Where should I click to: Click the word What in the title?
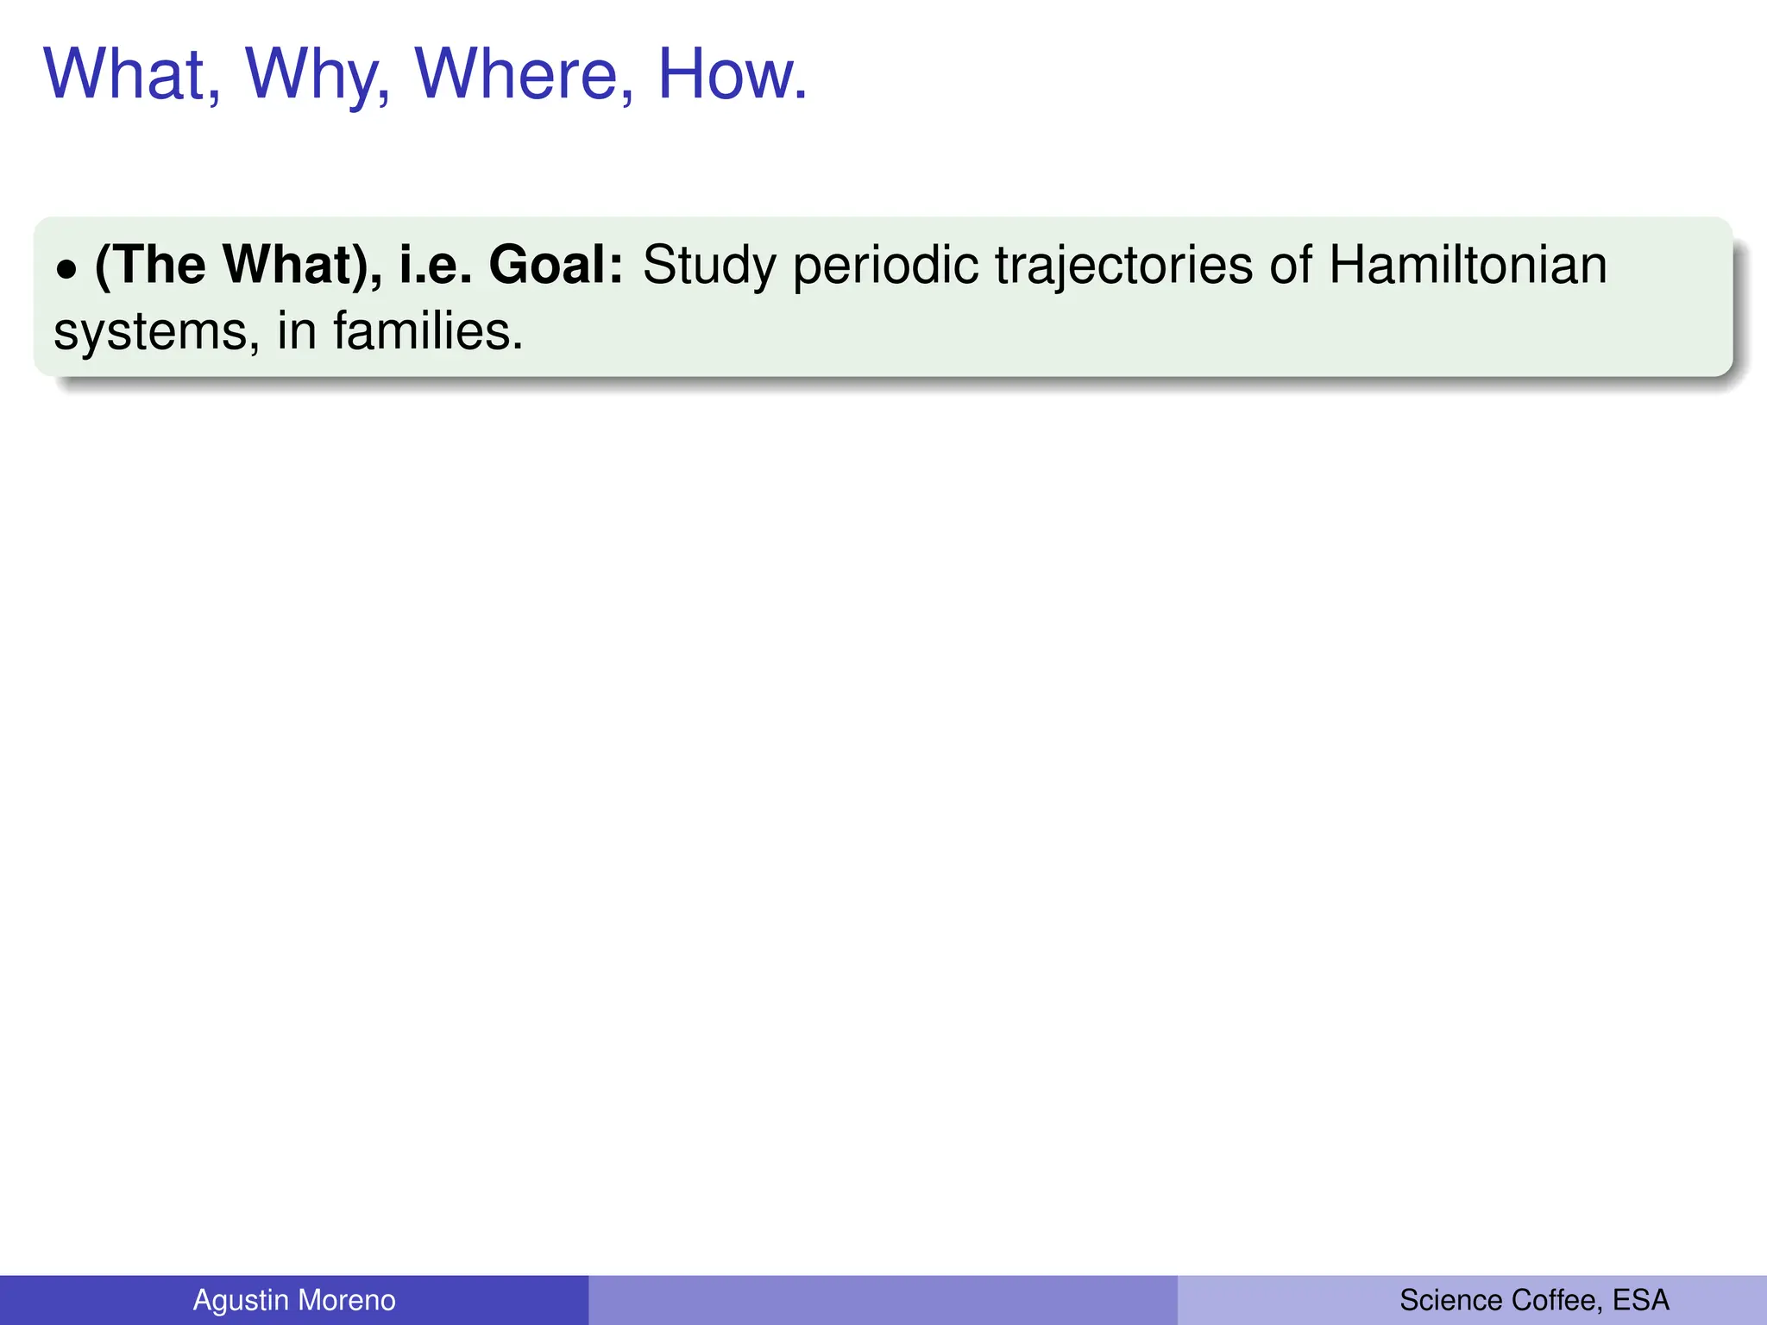[x=129, y=74]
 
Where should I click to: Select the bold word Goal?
[x=556, y=265]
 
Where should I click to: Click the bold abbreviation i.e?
[x=435, y=265]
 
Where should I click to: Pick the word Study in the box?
[x=709, y=265]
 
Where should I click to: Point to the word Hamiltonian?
[x=1468, y=265]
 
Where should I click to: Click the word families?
[x=428, y=331]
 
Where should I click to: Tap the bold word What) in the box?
[x=296, y=265]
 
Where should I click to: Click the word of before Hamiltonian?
[x=1290, y=265]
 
